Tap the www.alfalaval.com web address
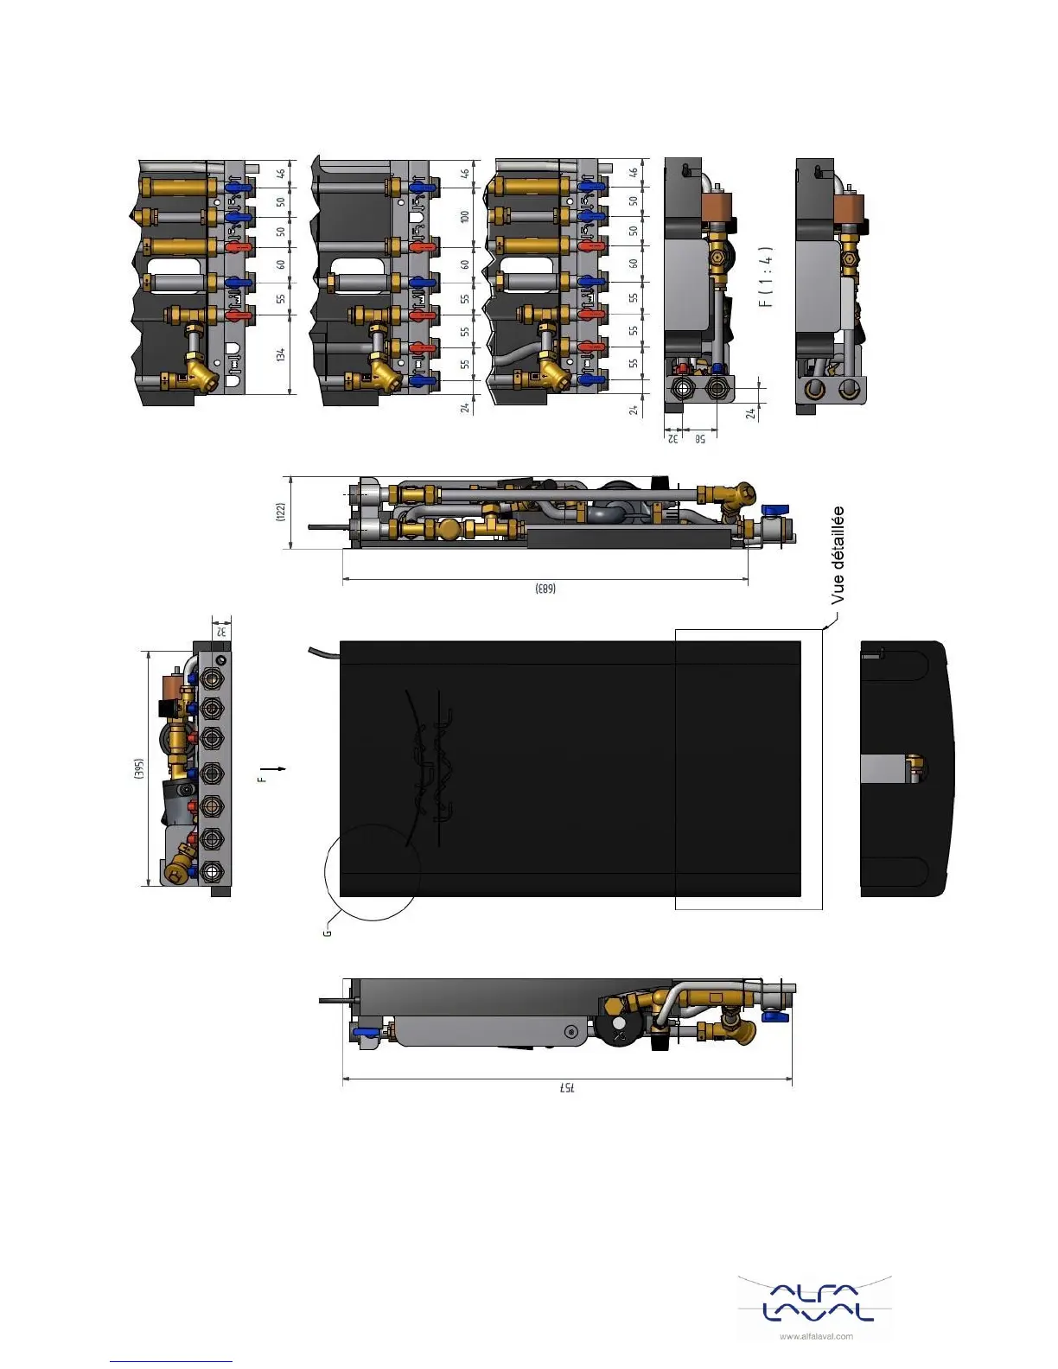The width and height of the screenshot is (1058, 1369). [816, 1336]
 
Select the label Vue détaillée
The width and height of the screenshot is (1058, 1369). [837, 555]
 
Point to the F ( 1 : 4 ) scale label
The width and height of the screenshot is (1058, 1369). [766, 277]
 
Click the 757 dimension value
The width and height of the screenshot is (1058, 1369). [566, 1087]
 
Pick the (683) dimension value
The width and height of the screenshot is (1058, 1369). [545, 589]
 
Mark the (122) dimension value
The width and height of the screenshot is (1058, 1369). [281, 512]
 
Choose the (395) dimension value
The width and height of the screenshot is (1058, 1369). [138, 768]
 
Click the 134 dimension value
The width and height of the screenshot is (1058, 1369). [281, 354]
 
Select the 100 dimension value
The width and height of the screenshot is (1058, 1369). [465, 216]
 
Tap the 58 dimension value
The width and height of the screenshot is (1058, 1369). [699, 439]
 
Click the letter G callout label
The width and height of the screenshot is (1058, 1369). [327, 932]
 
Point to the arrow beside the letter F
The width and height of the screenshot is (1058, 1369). [275, 768]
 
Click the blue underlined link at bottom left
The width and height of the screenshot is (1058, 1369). [171, 1361]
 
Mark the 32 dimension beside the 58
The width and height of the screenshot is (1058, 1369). [672, 439]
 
